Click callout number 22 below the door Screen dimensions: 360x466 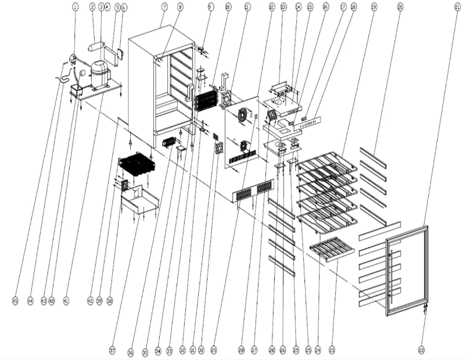point(421,350)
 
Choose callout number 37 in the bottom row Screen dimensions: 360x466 point(112,350)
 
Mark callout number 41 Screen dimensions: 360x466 point(66,301)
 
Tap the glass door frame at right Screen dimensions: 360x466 point(407,270)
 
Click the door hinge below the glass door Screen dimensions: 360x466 point(425,307)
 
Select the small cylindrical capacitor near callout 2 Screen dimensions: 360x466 point(96,46)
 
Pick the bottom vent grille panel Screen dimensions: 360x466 point(254,190)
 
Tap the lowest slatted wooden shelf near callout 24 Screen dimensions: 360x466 point(331,249)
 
